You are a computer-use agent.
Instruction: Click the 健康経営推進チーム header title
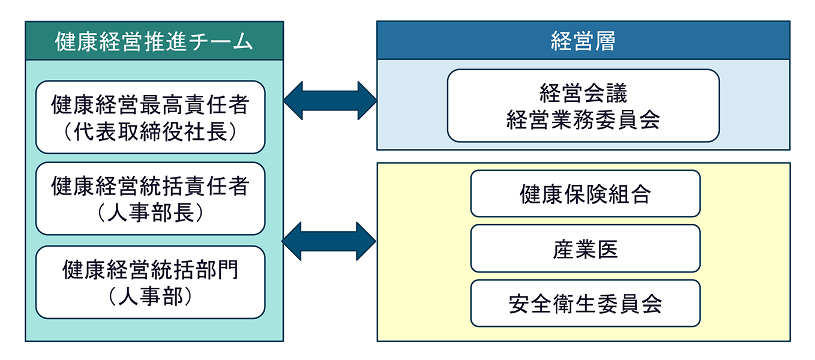(x=154, y=41)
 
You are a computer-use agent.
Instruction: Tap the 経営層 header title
(x=583, y=41)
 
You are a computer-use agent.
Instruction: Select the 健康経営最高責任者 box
(x=150, y=117)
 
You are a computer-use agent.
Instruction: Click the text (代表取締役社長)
(x=150, y=131)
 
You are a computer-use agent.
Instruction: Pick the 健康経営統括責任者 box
(x=150, y=199)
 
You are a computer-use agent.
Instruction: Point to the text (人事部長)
(x=150, y=213)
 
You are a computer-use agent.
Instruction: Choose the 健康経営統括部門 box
(x=150, y=282)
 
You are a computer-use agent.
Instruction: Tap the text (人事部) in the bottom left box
(x=150, y=296)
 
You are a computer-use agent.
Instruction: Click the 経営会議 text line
(x=583, y=93)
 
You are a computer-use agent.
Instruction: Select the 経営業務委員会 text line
(x=583, y=119)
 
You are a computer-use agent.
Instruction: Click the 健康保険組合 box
(x=585, y=193)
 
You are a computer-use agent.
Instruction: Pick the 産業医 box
(x=585, y=248)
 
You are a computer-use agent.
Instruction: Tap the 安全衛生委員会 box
(x=585, y=303)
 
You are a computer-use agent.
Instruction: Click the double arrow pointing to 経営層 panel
(x=330, y=101)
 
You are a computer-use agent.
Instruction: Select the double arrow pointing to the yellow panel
(x=329, y=241)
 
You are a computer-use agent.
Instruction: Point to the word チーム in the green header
(x=221, y=41)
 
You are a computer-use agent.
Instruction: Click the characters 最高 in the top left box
(x=161, y=105)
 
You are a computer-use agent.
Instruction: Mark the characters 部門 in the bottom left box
(x=217, y=270)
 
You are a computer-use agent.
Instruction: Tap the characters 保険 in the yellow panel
(x=585, y=194)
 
